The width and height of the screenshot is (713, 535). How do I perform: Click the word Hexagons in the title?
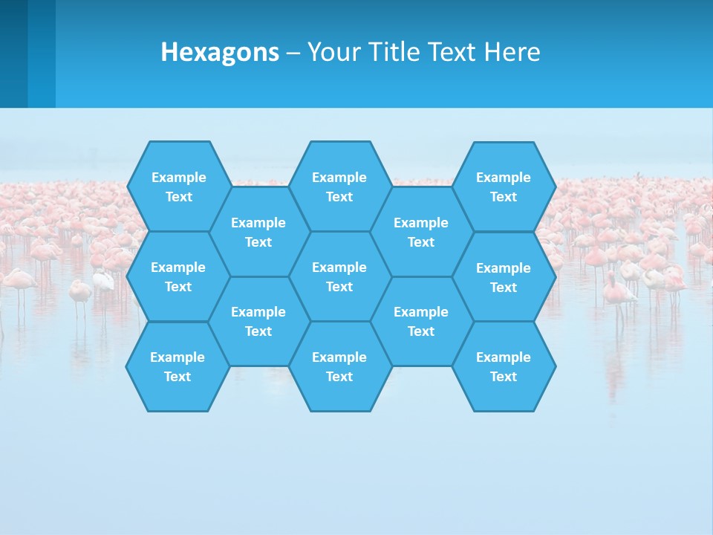tap(220, 52)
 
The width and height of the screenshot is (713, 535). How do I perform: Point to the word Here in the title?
tap(512, 52)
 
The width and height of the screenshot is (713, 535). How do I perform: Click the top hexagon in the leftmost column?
tap(178, 187)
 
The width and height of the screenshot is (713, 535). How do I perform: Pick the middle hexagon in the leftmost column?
tap(178, 276)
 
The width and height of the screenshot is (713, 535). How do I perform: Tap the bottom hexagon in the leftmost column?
tap(178, 366)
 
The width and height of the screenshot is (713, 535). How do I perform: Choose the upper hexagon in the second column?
tap(258, 232)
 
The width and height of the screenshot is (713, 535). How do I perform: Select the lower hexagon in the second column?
tap(258, 321)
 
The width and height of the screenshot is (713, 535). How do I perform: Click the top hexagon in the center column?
tap(339, 187)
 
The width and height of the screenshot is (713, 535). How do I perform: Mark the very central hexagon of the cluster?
tap(339, 276)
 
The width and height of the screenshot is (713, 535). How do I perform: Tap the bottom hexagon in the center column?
tap(339, 366)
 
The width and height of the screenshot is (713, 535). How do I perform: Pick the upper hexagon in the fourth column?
tap(421, 232)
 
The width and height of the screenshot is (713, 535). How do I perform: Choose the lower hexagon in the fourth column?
tap(421, 321)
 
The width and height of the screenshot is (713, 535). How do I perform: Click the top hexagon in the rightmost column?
tap(504, 187)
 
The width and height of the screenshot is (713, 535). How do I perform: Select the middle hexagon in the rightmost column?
tap(504, 277)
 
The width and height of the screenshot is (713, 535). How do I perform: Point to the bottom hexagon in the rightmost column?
tap(504, 366)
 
